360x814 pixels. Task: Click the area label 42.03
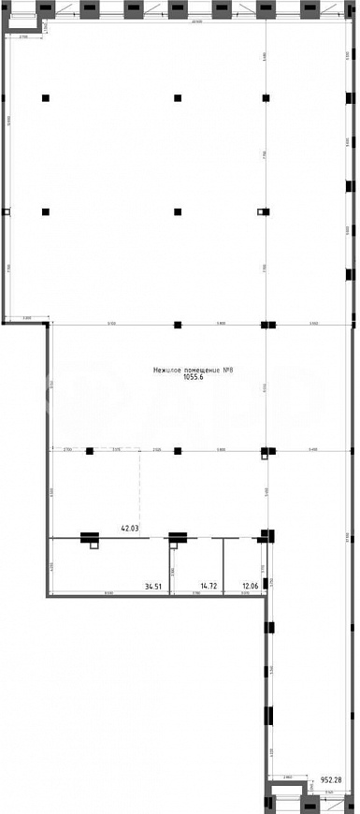(x=129, y=529)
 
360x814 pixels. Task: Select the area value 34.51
(x=153, y=587)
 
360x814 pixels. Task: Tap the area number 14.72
(x=209, y=587)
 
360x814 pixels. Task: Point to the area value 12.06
(x=250, y=587)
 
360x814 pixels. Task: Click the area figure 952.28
(x=332, y=778)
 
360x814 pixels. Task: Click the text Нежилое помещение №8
(x=192, y=371)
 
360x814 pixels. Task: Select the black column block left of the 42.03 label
(x=90, y=537)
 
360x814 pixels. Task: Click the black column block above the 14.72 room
(x=177, y=537)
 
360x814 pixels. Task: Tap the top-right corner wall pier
(x=345, y=9)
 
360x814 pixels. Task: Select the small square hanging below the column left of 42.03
(x=94, y=546)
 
